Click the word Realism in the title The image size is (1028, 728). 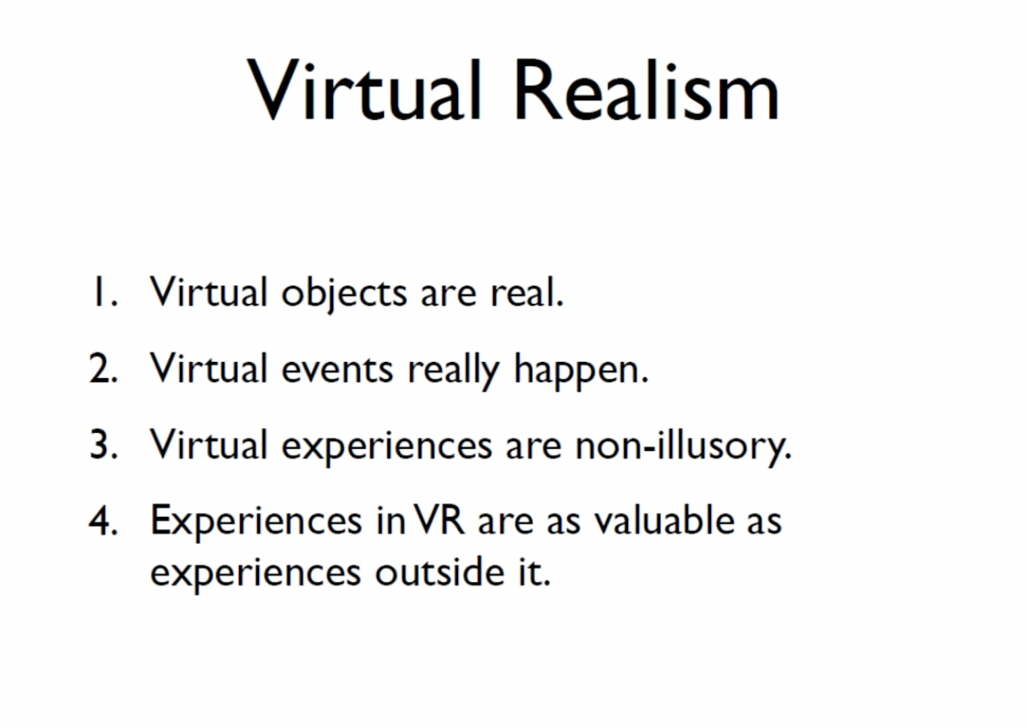(x=647, y=90)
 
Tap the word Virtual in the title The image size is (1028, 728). (x=364, y=90)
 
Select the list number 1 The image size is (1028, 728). (x=105, y=292)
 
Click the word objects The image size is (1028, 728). (x=344, y=295)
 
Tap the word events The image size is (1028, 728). (x=337, y=370)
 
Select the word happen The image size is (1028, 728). (x=581, y=371)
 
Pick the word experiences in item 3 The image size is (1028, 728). (x=387, y=448)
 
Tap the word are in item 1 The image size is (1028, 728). (x=449, y=297)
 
